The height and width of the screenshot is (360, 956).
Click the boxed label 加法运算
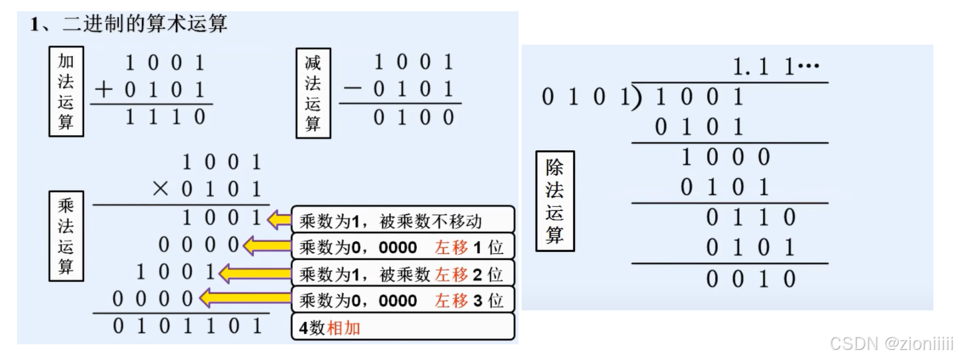click(x=66, y=91)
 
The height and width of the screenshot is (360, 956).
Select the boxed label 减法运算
click(x=312, y=92)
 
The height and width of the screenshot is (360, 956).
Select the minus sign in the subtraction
click(x=353, y=90)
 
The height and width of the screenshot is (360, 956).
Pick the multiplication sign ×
click(x=162, y=189)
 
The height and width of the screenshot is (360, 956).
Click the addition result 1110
click(x=165, y=117)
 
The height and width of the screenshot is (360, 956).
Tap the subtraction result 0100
click(x=413, y=117)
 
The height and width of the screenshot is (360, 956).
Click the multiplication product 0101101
click(x=187, y=326)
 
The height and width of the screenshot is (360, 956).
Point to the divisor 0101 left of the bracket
click(x=585, y=98)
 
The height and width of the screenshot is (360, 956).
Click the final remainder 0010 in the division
click(x=750, y=279)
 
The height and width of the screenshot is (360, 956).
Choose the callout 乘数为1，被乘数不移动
click(x=402, y=221)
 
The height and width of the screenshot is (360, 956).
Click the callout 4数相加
click(x=402, y=327)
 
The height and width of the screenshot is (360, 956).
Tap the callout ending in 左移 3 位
click(x=402, y=300)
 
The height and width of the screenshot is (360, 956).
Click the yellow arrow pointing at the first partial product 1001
click(x=280, y=220)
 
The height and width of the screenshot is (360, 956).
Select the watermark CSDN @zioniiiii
click(x=891, y=343)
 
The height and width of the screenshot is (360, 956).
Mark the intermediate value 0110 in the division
click(x=750, y=217)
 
